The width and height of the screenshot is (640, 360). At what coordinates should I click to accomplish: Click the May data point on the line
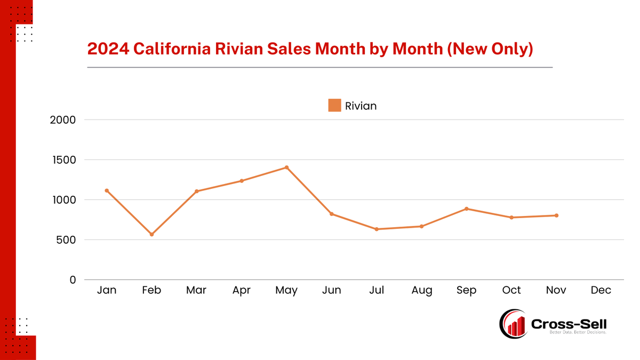(286, 167)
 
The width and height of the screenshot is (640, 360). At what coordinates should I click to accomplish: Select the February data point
(151, 234)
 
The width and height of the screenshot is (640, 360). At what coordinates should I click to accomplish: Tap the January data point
(107, 190)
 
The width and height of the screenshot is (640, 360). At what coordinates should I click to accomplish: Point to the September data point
(466, 209)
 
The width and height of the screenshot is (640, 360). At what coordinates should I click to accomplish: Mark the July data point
(377, 229)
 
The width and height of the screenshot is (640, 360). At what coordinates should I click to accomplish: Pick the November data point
(556, 215)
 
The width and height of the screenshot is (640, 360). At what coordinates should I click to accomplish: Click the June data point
(331, 214)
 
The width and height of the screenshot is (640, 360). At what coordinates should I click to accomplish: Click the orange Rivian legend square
(334, 106)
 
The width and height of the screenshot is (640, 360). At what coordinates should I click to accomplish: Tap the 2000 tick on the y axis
(63, 120)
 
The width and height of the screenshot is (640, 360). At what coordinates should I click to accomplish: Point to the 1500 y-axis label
(63, 160)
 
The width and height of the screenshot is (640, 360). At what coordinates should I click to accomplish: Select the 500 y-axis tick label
(66, 240)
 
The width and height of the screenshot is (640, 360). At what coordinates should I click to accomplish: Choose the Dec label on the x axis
(601, 290)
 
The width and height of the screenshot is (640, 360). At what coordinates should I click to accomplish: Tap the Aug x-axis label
(421, 290)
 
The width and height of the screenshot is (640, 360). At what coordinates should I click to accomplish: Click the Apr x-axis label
(242, 290)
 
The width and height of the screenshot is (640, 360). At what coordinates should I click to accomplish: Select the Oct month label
(511, 290)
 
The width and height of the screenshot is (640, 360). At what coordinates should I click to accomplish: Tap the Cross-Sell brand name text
(569, 323)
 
